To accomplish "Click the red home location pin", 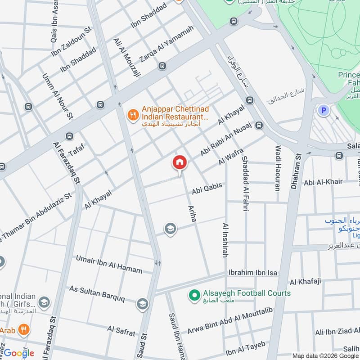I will tap(179, 163).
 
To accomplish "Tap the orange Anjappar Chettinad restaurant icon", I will tap(132, 116).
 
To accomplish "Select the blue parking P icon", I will tap(323, 110).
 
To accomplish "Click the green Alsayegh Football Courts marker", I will tap(194, 296).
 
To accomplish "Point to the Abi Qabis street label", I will tap(207, 188).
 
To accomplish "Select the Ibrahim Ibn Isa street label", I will tap(253, 273).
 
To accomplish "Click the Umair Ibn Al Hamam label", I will tap(109, 264).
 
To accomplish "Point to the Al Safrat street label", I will tap(121, 331).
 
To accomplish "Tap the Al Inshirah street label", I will tap(225, 240).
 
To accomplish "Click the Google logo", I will tap(19, 353).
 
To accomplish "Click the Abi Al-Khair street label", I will tap(323, 182).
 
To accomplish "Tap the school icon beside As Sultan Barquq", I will tap(142, 304).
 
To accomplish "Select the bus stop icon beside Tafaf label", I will tap(69, 136).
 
